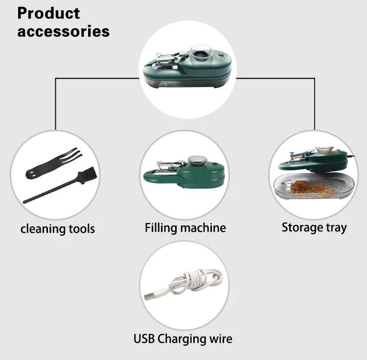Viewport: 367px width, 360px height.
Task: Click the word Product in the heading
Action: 48,13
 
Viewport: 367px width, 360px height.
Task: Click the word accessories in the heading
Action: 63,31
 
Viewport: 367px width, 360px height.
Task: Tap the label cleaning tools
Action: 58,229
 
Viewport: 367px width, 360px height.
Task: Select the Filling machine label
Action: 185,228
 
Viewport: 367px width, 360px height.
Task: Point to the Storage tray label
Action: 314,227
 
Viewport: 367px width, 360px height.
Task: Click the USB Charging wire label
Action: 183,338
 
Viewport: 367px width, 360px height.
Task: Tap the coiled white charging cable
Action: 196,281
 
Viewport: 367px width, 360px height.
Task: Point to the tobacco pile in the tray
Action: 313,187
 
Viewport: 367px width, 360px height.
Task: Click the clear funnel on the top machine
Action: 202,52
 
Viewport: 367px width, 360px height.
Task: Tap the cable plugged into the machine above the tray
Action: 350,157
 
